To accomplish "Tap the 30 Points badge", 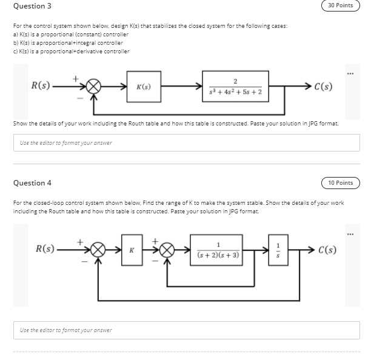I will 340,5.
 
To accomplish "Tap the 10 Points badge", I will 340,183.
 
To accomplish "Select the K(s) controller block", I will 144,87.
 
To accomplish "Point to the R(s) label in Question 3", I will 41,85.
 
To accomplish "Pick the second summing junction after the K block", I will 170,250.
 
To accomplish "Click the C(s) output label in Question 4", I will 327,250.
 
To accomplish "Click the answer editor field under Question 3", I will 185,142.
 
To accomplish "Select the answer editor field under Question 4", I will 185,330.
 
